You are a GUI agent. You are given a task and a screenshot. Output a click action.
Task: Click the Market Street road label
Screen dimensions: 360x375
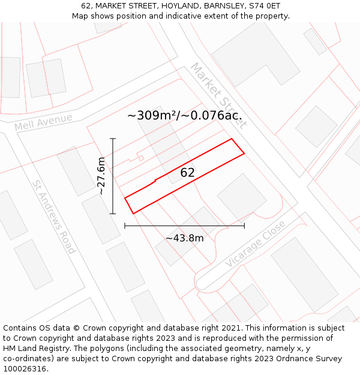click(x=218, y=95)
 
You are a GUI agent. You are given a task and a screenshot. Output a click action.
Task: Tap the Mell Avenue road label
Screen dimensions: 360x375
click(x=43, y=122)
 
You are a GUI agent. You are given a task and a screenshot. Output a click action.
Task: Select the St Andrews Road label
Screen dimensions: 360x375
click(x=53, y=217)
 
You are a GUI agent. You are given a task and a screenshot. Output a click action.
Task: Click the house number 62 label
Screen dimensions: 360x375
click(x=188, y=173)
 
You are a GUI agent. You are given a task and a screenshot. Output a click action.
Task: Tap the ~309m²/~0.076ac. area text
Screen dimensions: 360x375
click(x=186, y=116)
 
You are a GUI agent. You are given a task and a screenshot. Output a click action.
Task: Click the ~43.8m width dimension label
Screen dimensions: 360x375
click(x=185, y=238)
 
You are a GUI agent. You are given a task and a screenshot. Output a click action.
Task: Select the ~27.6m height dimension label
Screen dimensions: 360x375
click(x=101, y=176)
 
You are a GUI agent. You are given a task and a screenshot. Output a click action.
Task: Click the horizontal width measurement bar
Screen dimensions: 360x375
click(x=184, y=226)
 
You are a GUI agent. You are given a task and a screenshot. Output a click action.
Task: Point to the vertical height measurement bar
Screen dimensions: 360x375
click(x=113, y=176)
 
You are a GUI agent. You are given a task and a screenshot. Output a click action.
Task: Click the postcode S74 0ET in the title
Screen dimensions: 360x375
click(x=265, y=5)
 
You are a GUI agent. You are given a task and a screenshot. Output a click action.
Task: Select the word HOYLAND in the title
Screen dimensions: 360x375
click(x=175, y=5)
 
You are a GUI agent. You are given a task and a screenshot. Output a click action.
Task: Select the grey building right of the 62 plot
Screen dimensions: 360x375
click(x=242, y=196)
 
